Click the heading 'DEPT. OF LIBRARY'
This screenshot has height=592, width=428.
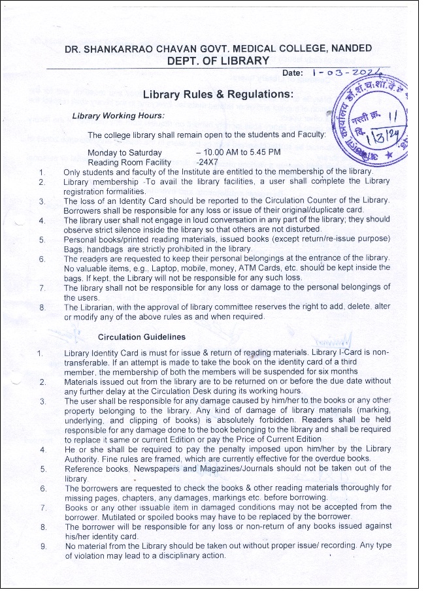tap(218, 61)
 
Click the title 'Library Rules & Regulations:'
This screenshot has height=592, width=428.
tap(218, 95)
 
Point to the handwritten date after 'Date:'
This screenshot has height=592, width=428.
tap(350, 73)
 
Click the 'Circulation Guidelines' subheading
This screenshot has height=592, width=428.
tap(141, 337)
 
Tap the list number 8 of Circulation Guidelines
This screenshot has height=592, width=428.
tap(43, 526)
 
